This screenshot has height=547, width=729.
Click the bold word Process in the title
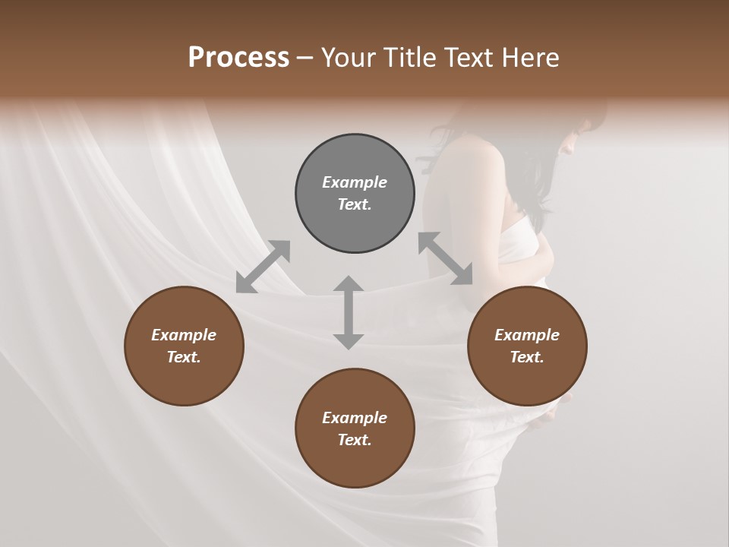238,58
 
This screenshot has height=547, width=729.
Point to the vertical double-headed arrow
349,312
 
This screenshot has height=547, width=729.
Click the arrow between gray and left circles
263,267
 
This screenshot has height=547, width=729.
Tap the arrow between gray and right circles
445,258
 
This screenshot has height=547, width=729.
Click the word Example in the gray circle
355,182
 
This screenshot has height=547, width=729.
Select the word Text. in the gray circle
355,204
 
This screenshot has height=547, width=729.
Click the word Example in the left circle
184,335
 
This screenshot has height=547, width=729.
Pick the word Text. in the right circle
527,357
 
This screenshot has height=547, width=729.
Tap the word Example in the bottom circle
355,418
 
